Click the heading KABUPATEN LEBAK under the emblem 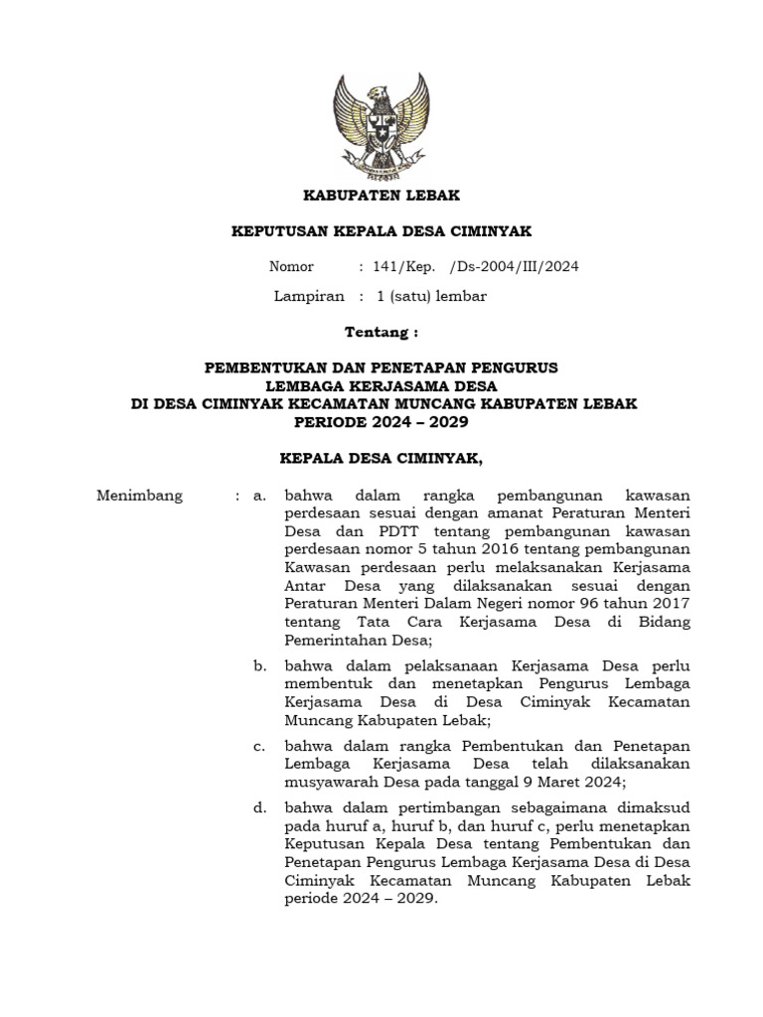[381, 196]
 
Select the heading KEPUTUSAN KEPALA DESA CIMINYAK [381, 231]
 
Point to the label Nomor [291, 266]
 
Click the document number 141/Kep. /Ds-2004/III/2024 [476, 266]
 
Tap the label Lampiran [308, 296]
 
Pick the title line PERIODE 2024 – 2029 [381, 421]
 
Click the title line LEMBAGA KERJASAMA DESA [381, 385]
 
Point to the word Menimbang [139, 496]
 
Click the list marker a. [260, 496]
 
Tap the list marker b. [260, 665]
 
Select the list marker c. [260, 746]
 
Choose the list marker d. [260, 808]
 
